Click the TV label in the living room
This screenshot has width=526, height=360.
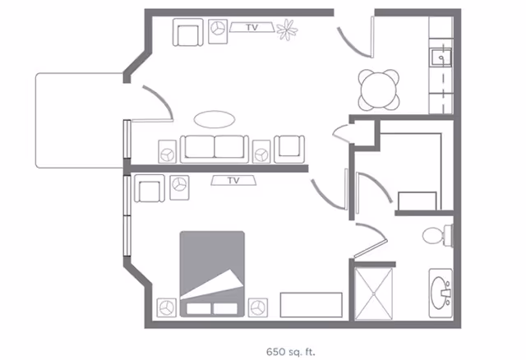(x=252, y=28)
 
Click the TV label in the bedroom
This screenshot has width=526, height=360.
(x=233, y=180)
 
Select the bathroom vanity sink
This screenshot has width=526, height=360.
(x=443, y=291)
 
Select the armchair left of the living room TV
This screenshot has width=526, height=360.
(x=187, y=34)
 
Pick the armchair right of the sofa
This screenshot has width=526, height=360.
(x=289, y=147)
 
